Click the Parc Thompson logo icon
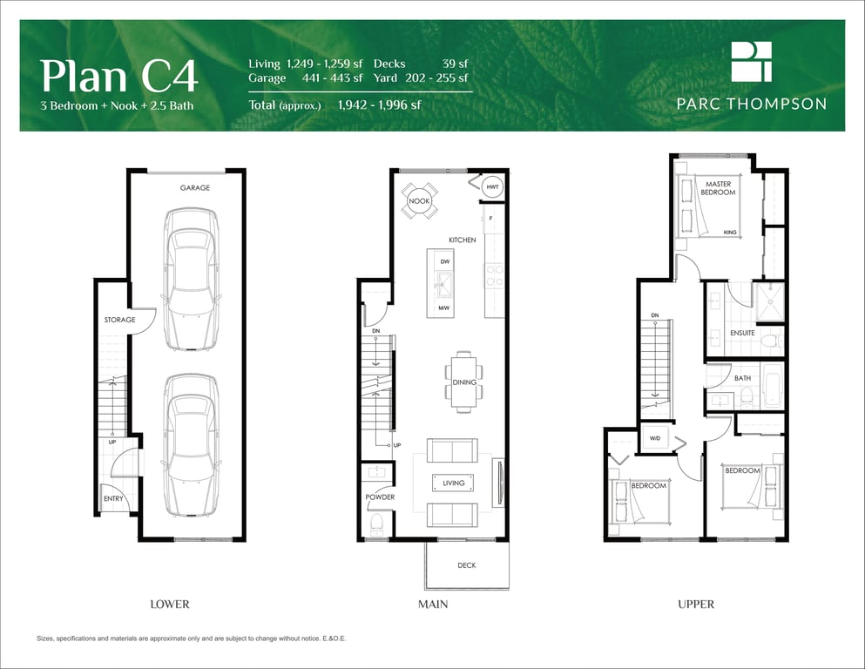point(752,61)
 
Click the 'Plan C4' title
point(118,76)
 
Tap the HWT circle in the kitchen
point(492,187)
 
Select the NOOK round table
point(419,201)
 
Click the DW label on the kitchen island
point(444,261)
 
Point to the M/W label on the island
point(444,307)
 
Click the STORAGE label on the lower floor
point(119,320)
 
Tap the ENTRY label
point(113,498)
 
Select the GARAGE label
point(195,188)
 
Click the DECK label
point(467,565)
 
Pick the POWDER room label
point(380,497)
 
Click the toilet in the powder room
point(377,524)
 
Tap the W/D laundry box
point(655,438)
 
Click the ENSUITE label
point(742,333)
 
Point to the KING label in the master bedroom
point(730,233)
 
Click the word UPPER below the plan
point(696,605)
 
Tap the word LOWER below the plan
point(170,605)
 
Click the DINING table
point(464,382)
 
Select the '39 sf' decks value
point(455,64)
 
